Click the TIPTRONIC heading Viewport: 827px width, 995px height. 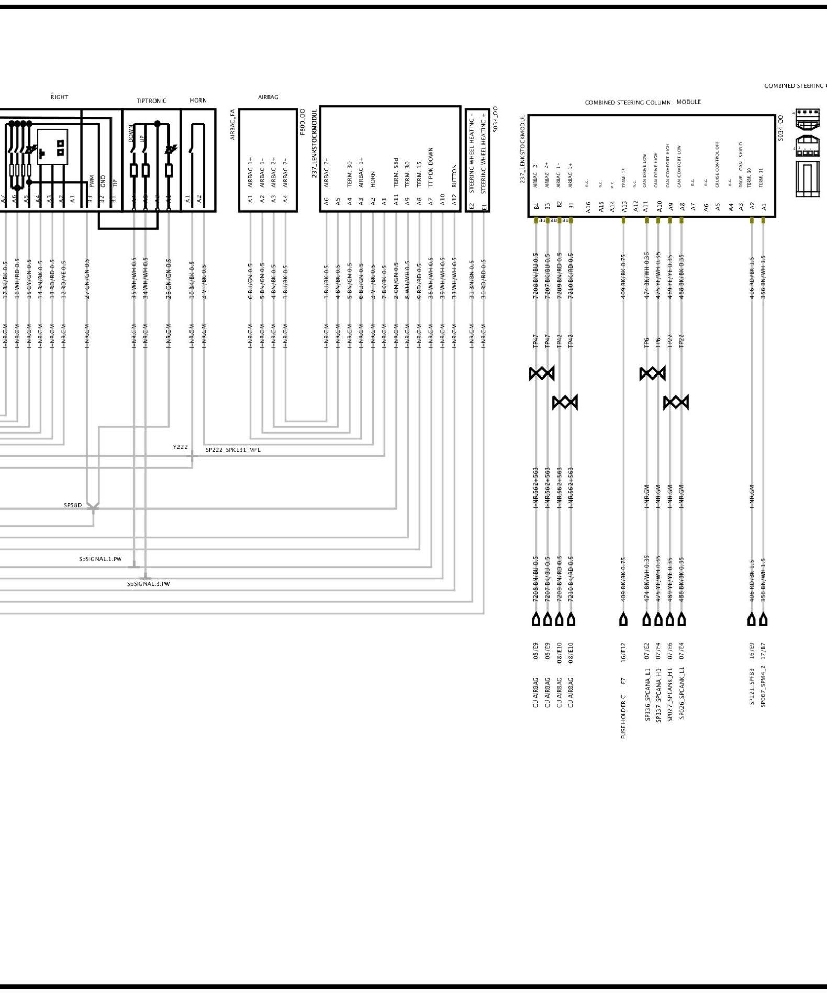point(151,101)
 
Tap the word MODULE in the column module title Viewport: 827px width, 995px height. point(688,102)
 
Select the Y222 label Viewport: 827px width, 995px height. point(180,447)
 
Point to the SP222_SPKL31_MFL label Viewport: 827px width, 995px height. point(232,449)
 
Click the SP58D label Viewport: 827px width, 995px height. point(73,505)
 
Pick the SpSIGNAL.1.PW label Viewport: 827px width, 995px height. point(100,559)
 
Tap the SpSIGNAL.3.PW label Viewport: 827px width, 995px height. point(148,583)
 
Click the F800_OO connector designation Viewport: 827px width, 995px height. point(303,122)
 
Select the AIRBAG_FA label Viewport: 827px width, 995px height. point(233,125)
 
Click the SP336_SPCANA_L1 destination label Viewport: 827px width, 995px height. point(647,694)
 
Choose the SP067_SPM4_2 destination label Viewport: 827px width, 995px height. point(763,687)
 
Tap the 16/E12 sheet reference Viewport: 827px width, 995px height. point(623,652)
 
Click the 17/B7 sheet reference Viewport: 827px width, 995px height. point(763,652)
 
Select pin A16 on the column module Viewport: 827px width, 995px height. point(589,207)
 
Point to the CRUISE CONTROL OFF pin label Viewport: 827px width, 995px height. point(717,164)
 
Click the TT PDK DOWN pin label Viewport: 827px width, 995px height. point(431,167)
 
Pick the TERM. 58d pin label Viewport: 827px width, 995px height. point(396,172)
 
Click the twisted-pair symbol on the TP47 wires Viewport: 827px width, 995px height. point(541,373)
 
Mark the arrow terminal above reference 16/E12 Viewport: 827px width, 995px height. point(623,620)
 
